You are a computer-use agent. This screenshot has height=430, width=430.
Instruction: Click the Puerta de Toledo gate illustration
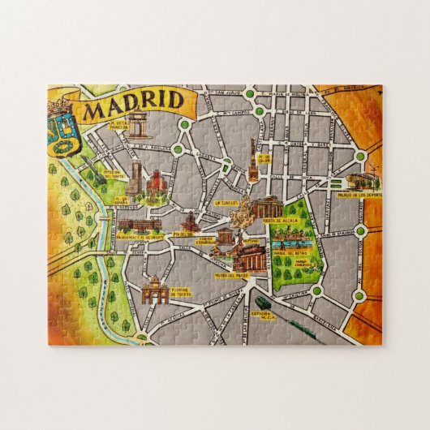(154, 290)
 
